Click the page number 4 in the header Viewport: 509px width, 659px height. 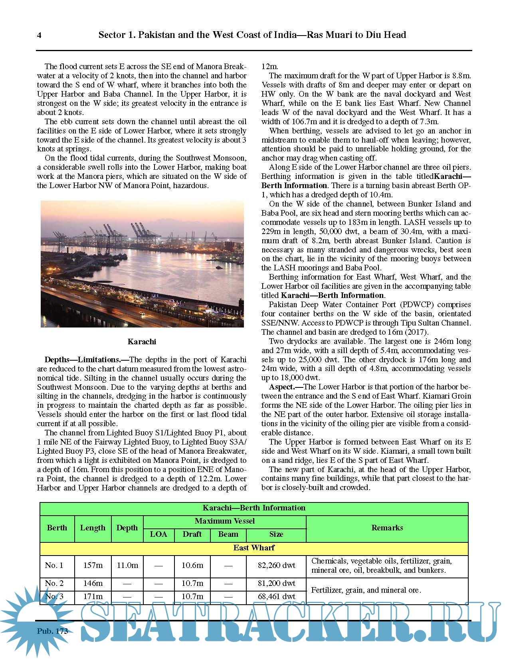[x=39, y=35]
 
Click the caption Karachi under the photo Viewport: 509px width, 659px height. [x=142, y=341]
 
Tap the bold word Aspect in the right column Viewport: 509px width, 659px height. [x=281, y=387]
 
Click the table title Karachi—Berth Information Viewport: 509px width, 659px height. [x=254, y=508]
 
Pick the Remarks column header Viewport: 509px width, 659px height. [x=387, y=528]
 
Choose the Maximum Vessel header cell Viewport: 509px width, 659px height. [x=224, y=521]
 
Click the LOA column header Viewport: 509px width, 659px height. [x=158, y=534]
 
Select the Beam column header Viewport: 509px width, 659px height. [x=228, y=534]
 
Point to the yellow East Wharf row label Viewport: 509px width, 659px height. [x=254, y=548]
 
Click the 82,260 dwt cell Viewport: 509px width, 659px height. [x=276, y=565]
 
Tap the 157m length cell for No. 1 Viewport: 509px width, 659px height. [x=93, y=565]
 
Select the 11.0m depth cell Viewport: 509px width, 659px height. [x=127, y=565]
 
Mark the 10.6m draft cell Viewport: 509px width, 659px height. [x=192, y=565]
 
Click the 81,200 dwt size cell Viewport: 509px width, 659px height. [x=276, y=583]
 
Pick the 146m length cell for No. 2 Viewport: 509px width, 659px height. [x=93, y=583]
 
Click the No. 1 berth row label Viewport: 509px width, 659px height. [x=54, y=565]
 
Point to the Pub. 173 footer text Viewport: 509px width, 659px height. [x=52, y=631]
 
